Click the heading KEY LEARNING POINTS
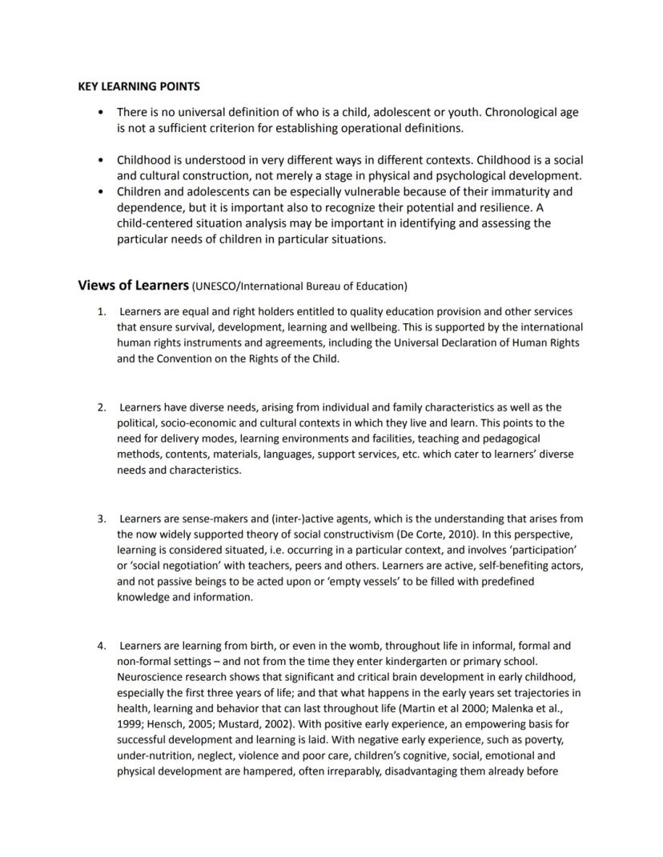point(139,86)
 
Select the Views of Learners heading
point(132,286)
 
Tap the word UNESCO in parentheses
point(216,286)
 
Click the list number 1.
point(102,311)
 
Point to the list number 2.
point(102,407)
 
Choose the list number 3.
point(102,519)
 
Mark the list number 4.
point(102,646)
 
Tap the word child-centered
point(154,223)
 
